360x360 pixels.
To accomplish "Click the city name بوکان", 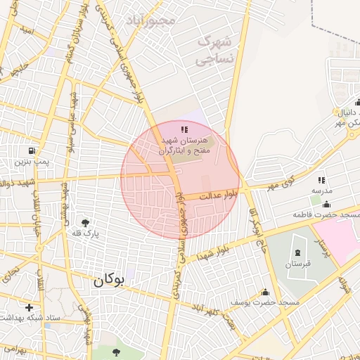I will (108, 280).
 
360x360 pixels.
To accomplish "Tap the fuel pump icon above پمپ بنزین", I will (31, 151).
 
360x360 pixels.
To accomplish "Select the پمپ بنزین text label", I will (31, 162).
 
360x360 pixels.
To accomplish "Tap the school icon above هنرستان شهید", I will (184, 129).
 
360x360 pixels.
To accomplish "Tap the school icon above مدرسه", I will (322, 181).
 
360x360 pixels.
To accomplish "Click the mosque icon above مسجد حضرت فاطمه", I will (327, 205).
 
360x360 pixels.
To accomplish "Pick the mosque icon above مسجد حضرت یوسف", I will (266, 292).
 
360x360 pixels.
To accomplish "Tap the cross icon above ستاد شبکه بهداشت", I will (29, 307).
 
